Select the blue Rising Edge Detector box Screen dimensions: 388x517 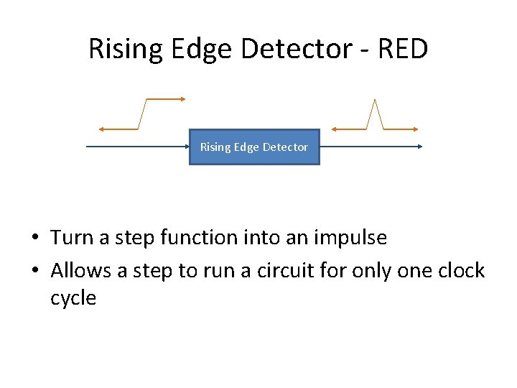pos(253,147)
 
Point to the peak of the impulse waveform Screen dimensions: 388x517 pos(374,101)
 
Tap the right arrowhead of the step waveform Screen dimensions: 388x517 pos(184,99)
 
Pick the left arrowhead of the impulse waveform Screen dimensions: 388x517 pos(335,129)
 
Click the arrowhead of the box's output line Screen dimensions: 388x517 pos(420,147)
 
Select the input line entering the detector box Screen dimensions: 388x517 pos(136,147)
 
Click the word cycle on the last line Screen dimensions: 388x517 pos(73,298)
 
